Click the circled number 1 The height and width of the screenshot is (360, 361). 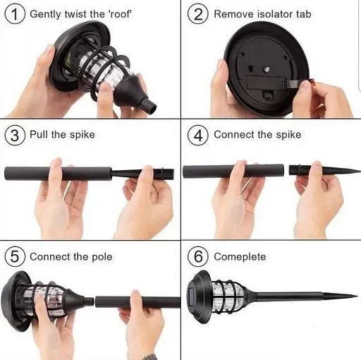(x=15, y=14)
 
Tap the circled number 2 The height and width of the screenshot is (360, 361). (x=198, y=14)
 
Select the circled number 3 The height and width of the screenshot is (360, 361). (x=15, y=135)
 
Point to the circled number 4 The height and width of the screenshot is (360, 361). (x=198, y=135)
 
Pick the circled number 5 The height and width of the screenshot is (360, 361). (x=15, y=256)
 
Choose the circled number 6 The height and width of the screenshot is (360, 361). (x=198, y=256)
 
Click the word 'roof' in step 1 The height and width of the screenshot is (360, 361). (x=119, y=14)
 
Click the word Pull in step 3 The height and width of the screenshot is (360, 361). (x=39, y=135)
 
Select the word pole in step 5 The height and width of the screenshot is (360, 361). (x=102, y=257)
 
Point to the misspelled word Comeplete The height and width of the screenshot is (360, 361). (x=240, y=257)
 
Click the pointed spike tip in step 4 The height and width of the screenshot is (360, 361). (x=359, y=170)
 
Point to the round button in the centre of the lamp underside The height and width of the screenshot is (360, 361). (x=267, y=69)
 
